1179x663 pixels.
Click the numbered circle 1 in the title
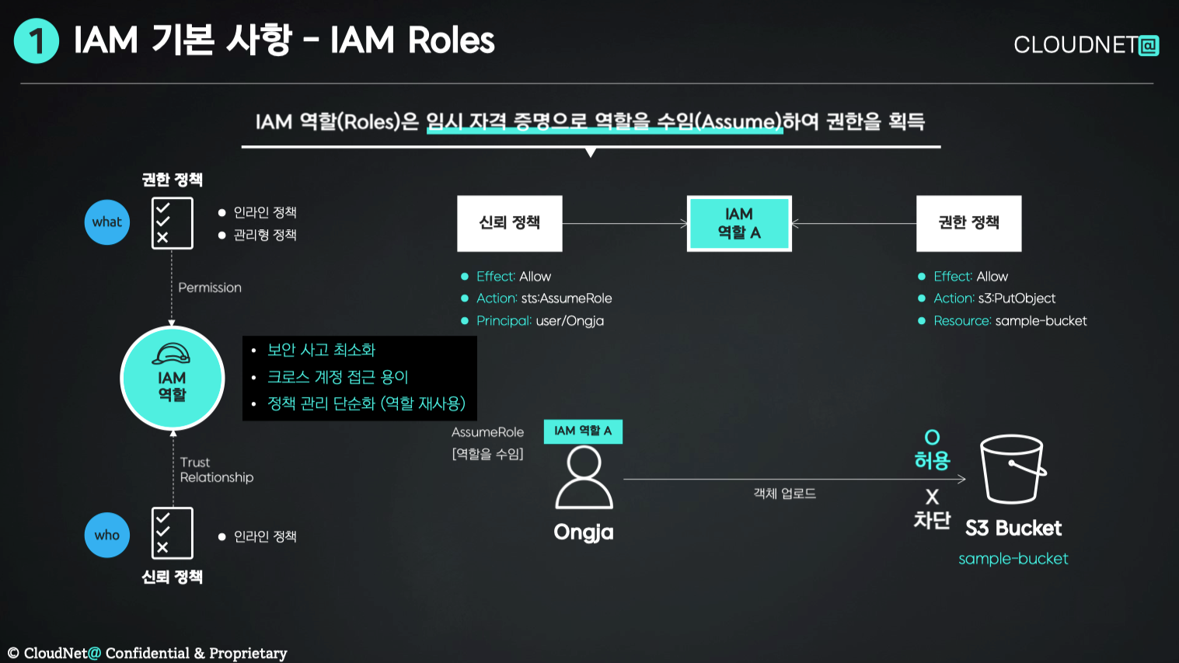(x=36, y=40)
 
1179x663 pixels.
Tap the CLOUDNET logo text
(x=1085, y=45)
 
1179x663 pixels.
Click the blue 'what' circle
(x=107, y=222)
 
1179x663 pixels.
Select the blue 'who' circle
(x=107, y=535)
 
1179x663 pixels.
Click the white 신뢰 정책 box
(x=509, y=223)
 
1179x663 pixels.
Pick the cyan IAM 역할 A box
(x=739, y=223)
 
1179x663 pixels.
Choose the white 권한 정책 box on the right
(x=968, y=223)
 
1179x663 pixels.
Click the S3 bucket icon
(x=1012, y=469)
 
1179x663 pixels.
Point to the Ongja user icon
(x=584, y=479)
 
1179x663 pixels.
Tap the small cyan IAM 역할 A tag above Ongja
(x=583, y=431)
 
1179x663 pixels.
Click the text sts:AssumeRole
(x=567, y=298)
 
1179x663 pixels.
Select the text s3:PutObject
(x=1017, y=298)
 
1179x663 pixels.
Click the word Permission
(x=210, y=288)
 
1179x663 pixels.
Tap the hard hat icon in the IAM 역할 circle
(x=172, y=354)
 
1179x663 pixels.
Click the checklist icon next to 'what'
(x=172, y=223)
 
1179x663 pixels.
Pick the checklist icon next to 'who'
(x=172, y=533)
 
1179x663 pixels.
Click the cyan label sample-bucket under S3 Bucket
(x=1013, y=559)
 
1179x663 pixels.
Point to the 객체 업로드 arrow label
(x=784, y=494)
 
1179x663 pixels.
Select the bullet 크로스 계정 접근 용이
(x=337, y=377)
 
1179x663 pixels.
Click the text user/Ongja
(x=570, y=321)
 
